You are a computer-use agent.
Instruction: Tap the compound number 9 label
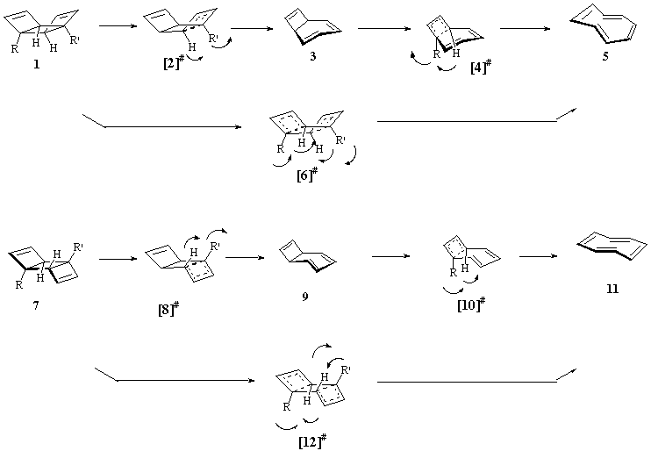coord(304,297)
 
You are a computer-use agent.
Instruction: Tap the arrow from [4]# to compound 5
coord(525,29)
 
